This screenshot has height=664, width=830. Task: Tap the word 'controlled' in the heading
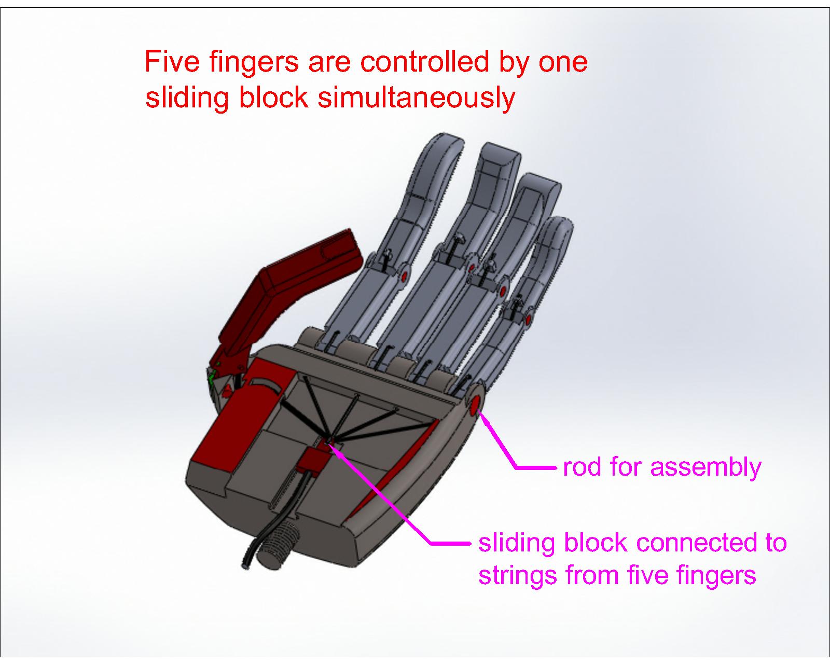pyautogui.click(x=424, y=62)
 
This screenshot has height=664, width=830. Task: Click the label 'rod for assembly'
pyautogui.click(x=662, y=467)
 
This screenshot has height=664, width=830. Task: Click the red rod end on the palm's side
pyautogui.click(x=474, y=405)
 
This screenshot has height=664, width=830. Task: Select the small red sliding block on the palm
pyautogui.click(x=314, y=458)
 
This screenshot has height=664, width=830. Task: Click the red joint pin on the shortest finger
pyautogui.click(x=528, y=319)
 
